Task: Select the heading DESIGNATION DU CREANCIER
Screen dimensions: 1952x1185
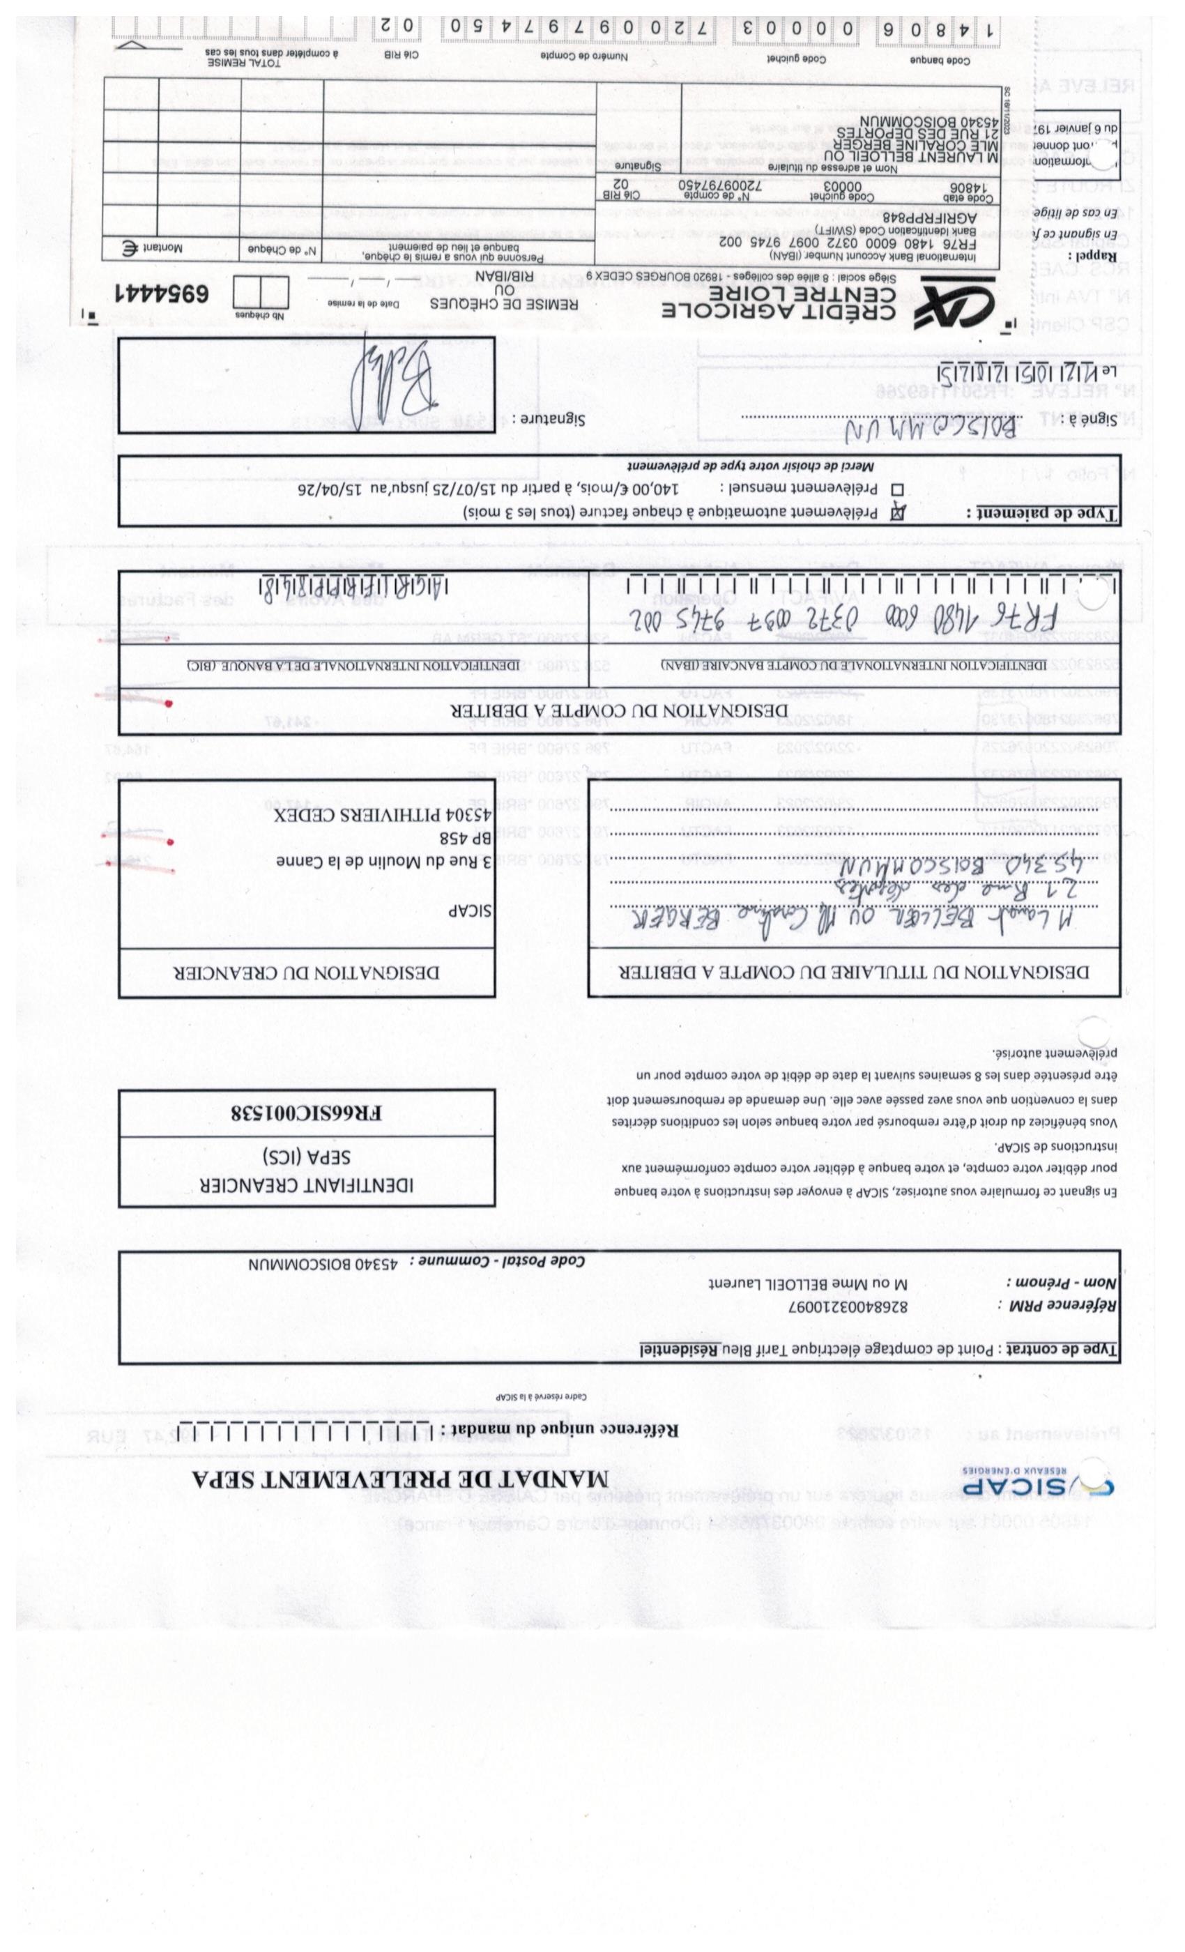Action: pos(307,972)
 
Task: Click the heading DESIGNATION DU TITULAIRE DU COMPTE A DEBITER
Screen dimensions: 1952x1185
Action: pos(853,972)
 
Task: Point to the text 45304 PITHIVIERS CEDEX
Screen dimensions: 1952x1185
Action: pos(383,815)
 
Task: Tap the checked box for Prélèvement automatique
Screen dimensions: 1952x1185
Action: pos(898,512)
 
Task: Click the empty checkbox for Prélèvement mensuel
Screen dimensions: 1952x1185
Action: pos(898,489)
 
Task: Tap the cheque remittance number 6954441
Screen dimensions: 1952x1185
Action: pos(162,293)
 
